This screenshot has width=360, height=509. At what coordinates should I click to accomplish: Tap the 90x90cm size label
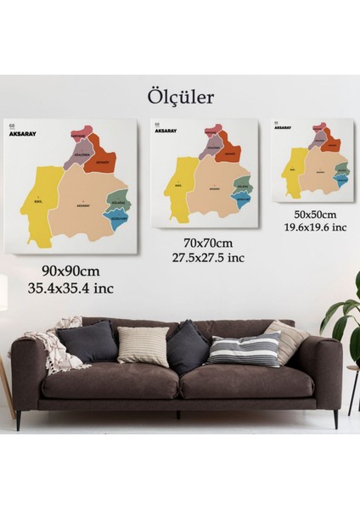[71, 271]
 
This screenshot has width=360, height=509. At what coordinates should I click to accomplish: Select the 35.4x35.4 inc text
[71, 288]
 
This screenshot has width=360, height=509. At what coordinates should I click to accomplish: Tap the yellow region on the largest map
[34, 204]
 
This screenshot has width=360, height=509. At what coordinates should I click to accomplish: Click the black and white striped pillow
[245, 349]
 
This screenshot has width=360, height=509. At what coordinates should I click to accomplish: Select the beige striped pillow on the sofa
[143, 346]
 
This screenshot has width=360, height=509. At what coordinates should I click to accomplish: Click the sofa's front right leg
[335, 417]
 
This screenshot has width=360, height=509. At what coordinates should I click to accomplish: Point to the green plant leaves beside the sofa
[344, 314]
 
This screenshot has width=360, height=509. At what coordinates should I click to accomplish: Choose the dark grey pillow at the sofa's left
[87, 341]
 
